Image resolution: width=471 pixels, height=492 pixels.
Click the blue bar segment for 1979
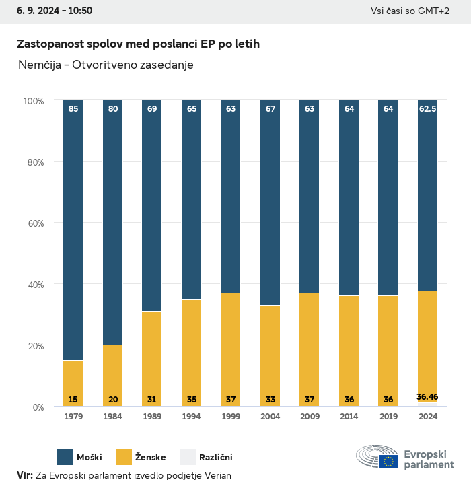73,230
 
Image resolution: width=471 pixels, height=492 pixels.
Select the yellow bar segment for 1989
152,358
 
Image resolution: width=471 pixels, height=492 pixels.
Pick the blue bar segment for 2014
349,198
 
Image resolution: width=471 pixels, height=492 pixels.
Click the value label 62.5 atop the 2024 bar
427,108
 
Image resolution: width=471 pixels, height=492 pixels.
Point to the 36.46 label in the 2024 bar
427,397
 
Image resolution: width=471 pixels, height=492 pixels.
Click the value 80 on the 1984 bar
113,108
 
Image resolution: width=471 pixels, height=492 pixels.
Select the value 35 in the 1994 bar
192,400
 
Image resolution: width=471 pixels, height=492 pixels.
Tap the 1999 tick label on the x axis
231,417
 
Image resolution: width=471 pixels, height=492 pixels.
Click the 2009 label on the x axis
310,417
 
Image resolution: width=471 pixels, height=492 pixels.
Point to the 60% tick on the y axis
33,223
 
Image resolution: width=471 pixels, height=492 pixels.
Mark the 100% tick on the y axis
33,100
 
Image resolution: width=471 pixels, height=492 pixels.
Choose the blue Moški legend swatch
65,457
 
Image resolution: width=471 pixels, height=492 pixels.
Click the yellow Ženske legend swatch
124,457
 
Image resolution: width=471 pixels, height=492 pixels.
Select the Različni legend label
215,458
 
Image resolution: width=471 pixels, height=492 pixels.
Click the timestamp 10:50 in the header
80,11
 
